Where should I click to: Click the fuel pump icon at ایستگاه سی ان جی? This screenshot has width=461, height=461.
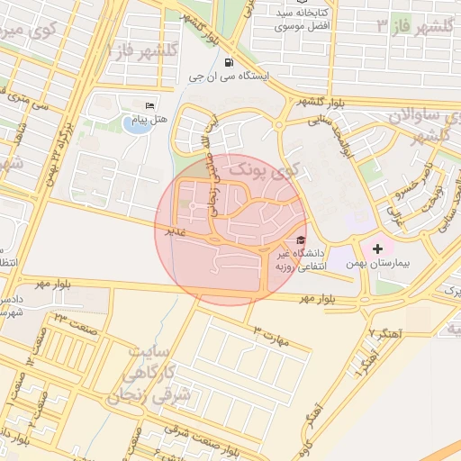[229, 63]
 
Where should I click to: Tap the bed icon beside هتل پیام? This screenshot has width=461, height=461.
[149, 106]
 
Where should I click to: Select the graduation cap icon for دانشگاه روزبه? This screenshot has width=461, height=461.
[300, 240]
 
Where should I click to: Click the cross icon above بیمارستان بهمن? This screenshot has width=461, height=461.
[376, 248]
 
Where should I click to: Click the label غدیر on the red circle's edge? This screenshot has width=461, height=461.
[168, 231]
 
